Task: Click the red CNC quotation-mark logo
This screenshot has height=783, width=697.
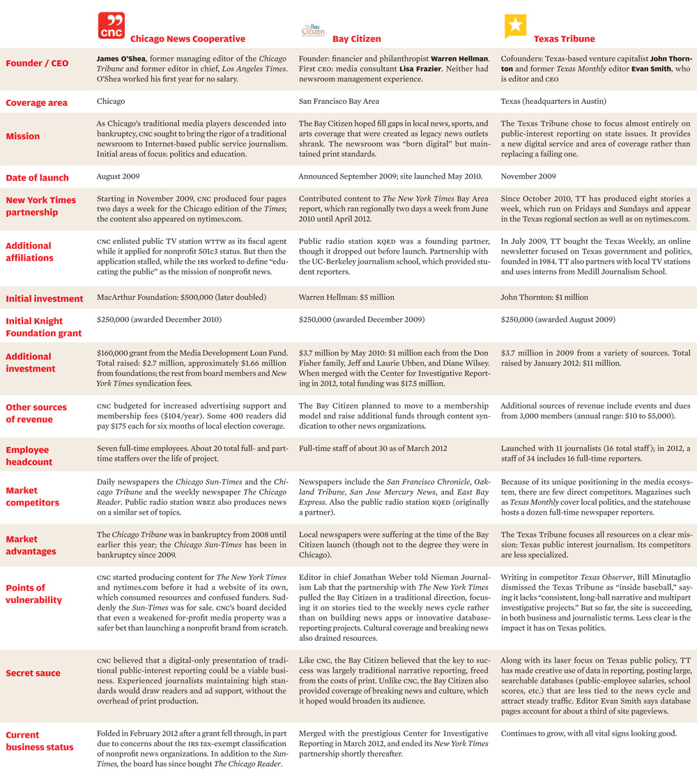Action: tap(111, 26)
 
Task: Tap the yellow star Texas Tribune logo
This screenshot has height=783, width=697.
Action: tap(515, 26)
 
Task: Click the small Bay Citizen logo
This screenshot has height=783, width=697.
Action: tap(313, 30)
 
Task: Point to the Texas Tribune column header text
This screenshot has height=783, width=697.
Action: tap(564, 39)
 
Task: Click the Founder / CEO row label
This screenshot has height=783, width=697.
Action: tap(37, 63)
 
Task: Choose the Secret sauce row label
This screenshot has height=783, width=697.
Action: tap(33, 673)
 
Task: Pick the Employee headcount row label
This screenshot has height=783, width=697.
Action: tap(29, 455)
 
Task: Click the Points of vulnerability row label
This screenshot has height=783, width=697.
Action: tap(33, 593)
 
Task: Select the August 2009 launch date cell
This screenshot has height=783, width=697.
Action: tap(118, 177)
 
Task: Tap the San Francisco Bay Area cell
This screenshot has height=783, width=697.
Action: tap(339, 101)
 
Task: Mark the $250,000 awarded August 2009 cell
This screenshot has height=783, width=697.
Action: tap(558, 319)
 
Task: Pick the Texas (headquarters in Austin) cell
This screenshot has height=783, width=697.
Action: tap(553, 101)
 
